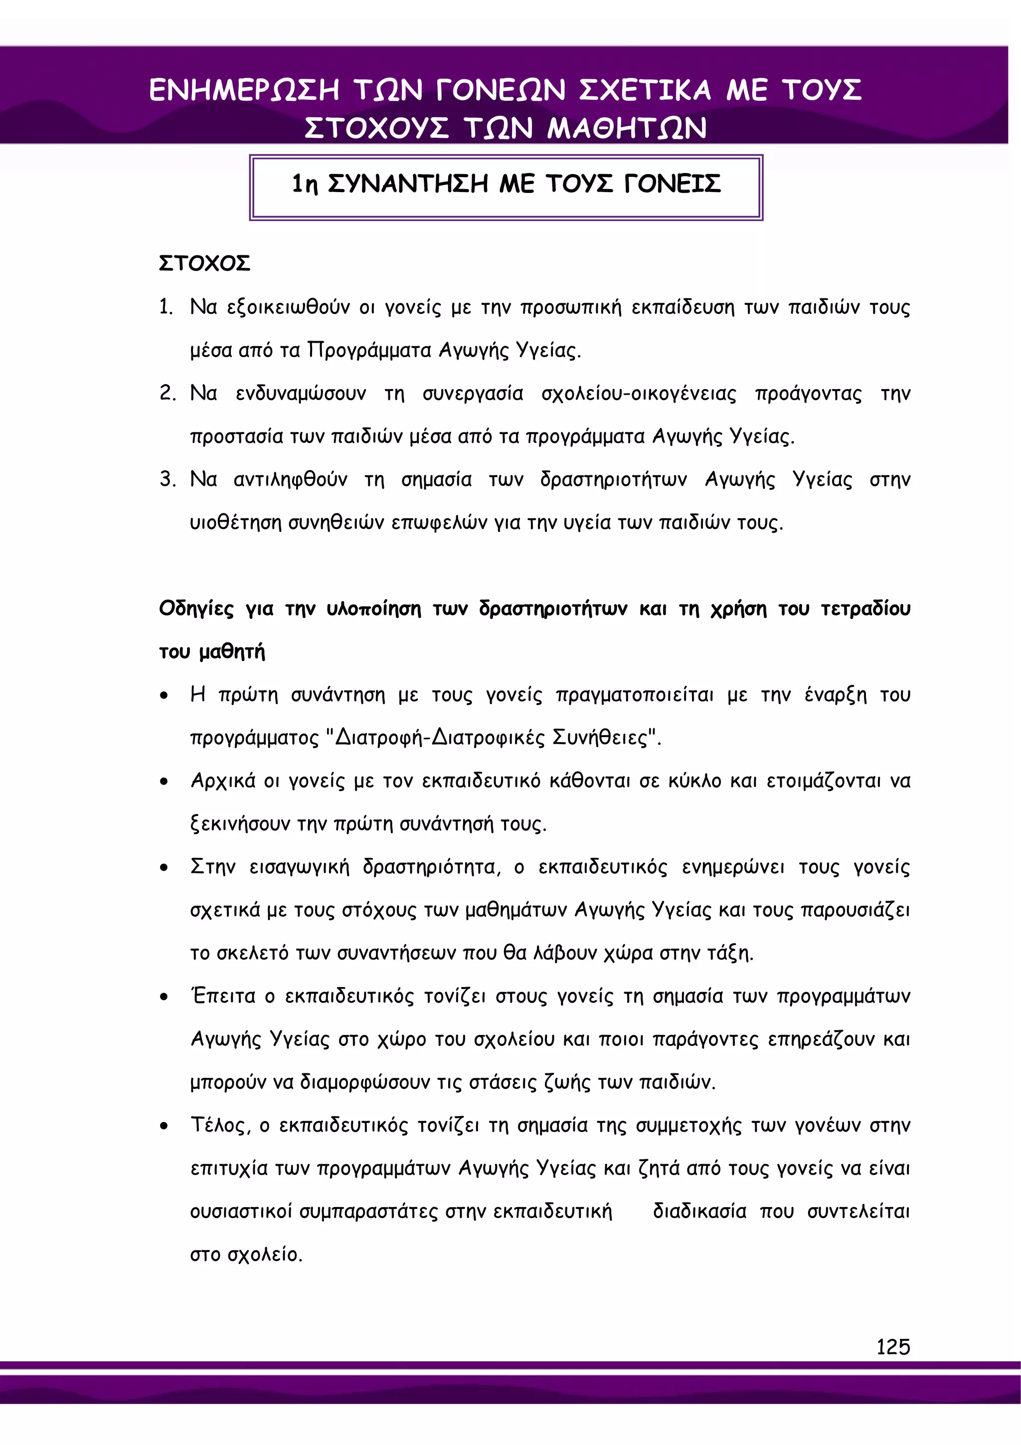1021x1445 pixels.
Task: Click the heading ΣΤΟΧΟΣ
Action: [204, 263]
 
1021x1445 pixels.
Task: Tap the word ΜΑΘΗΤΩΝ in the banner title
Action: [627, 128]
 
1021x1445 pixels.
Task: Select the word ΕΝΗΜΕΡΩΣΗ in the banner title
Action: [244, 90]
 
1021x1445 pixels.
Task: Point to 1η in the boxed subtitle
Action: [305, 185]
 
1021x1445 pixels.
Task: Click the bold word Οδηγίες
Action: [196, 609]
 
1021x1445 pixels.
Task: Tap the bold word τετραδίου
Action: [865, 609]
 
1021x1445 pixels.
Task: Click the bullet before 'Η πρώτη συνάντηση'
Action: [164, 696]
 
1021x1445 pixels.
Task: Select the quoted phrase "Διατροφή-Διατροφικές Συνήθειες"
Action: [495, 737]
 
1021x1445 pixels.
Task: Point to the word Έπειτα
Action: [223, 996]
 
